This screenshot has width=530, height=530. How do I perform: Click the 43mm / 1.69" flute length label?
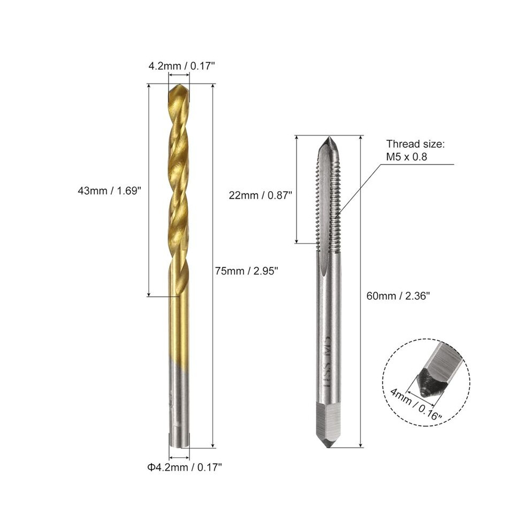pos(109,191)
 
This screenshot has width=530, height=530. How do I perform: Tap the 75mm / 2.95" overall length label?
pos(247,271)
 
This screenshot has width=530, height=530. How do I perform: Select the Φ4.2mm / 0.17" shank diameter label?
pos(185,467)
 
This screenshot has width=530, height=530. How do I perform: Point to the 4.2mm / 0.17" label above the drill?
pos(182,65)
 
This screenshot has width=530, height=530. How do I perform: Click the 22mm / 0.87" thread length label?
pos(260,195)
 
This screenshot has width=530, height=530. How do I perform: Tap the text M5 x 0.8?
pos(407,157)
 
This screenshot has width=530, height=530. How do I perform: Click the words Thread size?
pos(416,144)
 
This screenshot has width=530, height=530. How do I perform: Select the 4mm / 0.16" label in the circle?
pos(416,404)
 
